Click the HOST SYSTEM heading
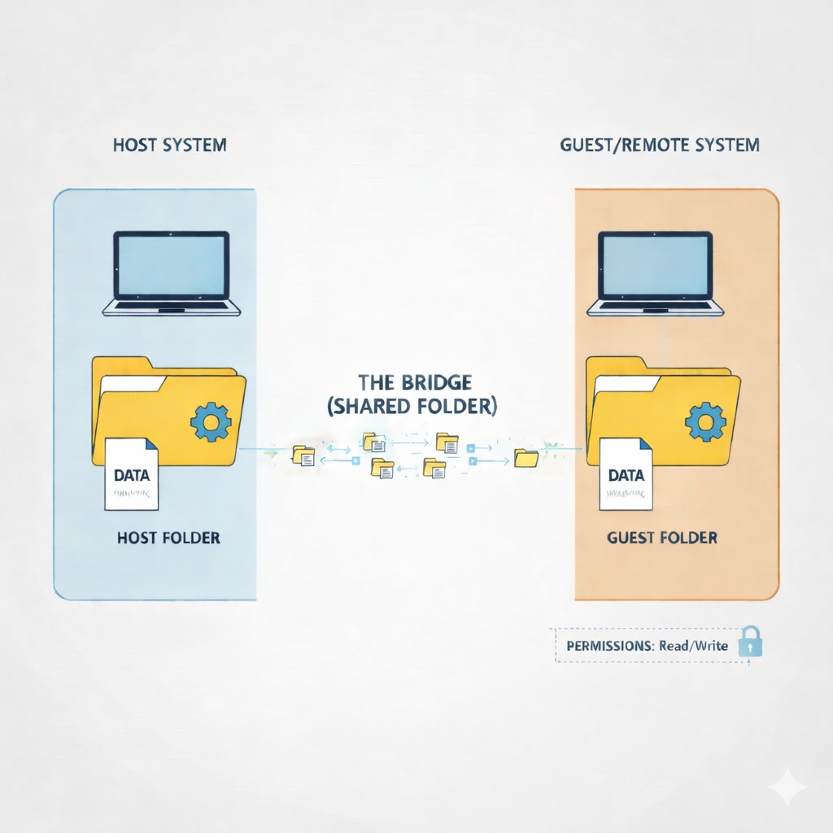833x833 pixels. tap(170, 146)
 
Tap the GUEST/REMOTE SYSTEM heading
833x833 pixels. tap(660, 146)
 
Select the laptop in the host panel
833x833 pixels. tap(171, 273)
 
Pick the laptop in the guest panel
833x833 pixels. tap(656, 273)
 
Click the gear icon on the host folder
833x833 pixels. tap(211, 421)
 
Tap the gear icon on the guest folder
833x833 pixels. tap(704, 421)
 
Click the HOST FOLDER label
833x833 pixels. tap(168, 539)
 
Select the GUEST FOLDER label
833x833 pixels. tap(662, 539)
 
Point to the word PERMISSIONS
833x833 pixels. tap(607, 647)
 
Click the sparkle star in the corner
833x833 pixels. tap(787, 787)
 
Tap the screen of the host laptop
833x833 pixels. tap(171, 264)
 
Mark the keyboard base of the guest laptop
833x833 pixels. tap(656, 308)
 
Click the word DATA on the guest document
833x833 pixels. tap(626, 475)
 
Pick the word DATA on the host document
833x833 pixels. tap(132, 475)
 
